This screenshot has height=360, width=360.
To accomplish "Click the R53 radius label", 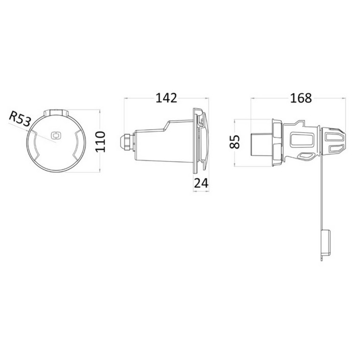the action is pos(20,119).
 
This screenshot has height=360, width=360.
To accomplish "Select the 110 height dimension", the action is pos(100,142).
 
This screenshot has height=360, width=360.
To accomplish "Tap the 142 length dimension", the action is pos(167,98).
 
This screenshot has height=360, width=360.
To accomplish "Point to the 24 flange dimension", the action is pos(201,183).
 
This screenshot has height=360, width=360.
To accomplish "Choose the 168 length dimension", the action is pos(301,98).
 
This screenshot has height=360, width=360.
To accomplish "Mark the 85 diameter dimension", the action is pos(235,142).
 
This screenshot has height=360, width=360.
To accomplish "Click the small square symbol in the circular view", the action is pos(56,136).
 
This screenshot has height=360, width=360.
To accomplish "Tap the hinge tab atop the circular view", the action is pos(56,112).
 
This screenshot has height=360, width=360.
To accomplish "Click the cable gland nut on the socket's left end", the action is pos(127,142).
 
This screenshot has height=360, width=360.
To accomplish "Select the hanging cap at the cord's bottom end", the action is pos(326,243).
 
